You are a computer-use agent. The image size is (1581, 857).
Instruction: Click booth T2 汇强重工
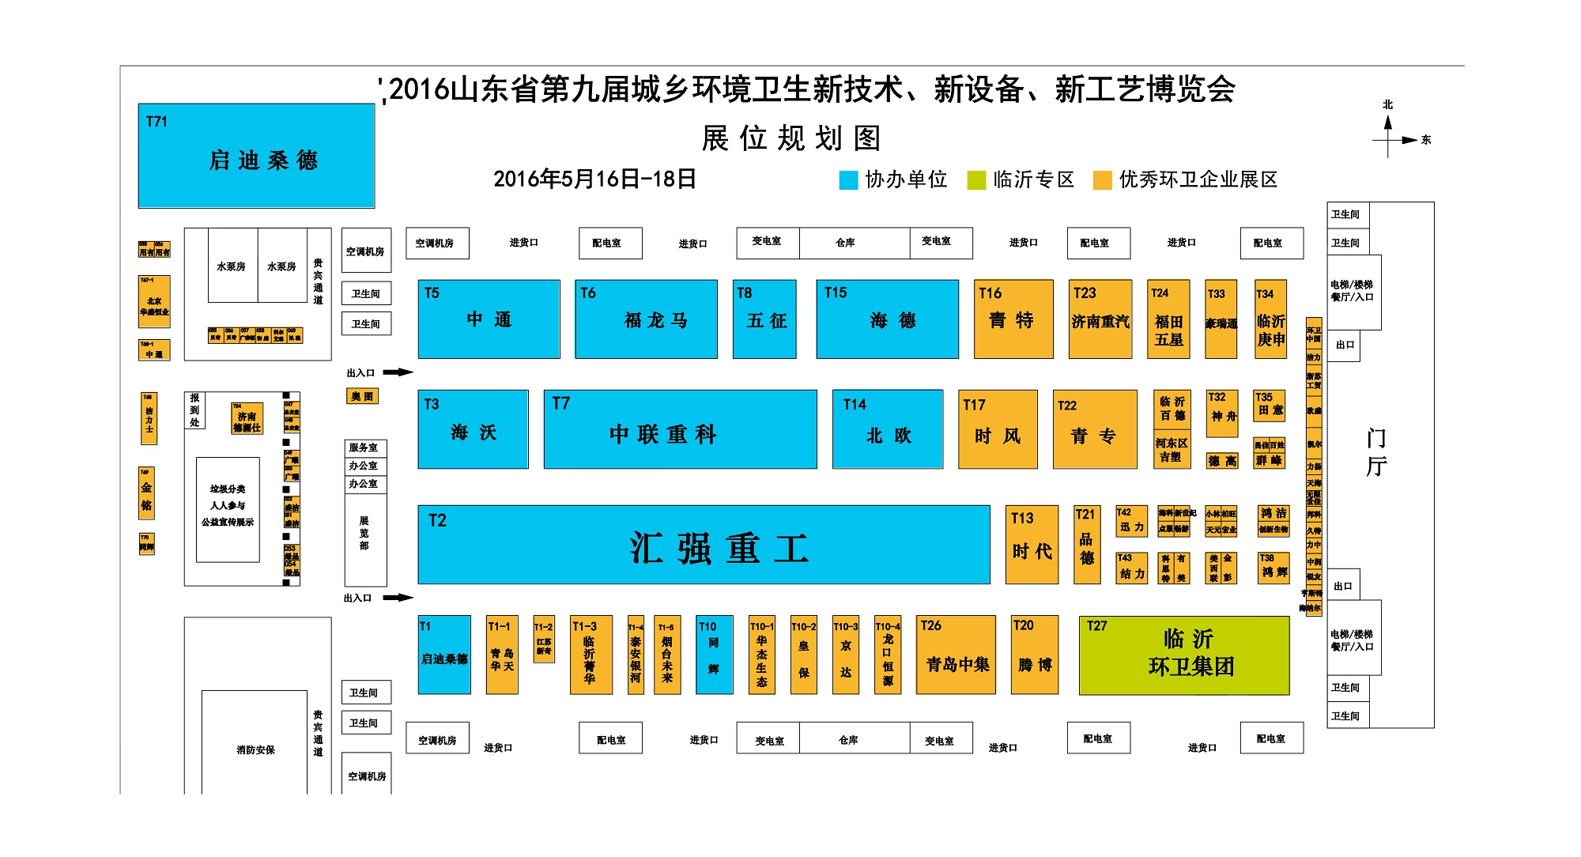click(x=704, y=546)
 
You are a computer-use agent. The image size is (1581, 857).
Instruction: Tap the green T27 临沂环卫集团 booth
click(x=1184, y=655)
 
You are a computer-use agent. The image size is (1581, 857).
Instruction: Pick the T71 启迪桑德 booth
click(x=256, y=156)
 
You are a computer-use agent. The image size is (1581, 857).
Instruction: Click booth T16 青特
click(x=1013, y=319)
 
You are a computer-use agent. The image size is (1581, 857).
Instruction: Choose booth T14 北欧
click(x=888, y=429)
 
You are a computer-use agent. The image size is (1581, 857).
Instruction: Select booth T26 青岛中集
click(x=956, y=655)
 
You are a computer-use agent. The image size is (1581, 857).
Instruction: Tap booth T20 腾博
click(x=1035, y=655)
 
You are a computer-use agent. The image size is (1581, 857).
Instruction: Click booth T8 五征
click(x=764, y=319)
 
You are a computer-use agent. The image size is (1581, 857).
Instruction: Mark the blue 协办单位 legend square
click(x=848, y=180)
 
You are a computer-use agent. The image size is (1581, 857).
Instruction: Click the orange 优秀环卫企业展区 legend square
click(x=1102, y=180)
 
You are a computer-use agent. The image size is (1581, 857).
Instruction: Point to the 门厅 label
click(x=1376, y=452)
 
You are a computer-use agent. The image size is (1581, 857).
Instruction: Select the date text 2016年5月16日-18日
click(x=594, y=179)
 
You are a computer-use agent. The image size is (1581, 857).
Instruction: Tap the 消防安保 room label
click(x=255, y=749)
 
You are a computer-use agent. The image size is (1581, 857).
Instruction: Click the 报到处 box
click(x=194, y=410)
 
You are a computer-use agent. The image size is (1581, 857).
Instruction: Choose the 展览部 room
click(x=364, y=534)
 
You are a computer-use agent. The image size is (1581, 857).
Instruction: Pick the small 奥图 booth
click(x=362, y=396)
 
